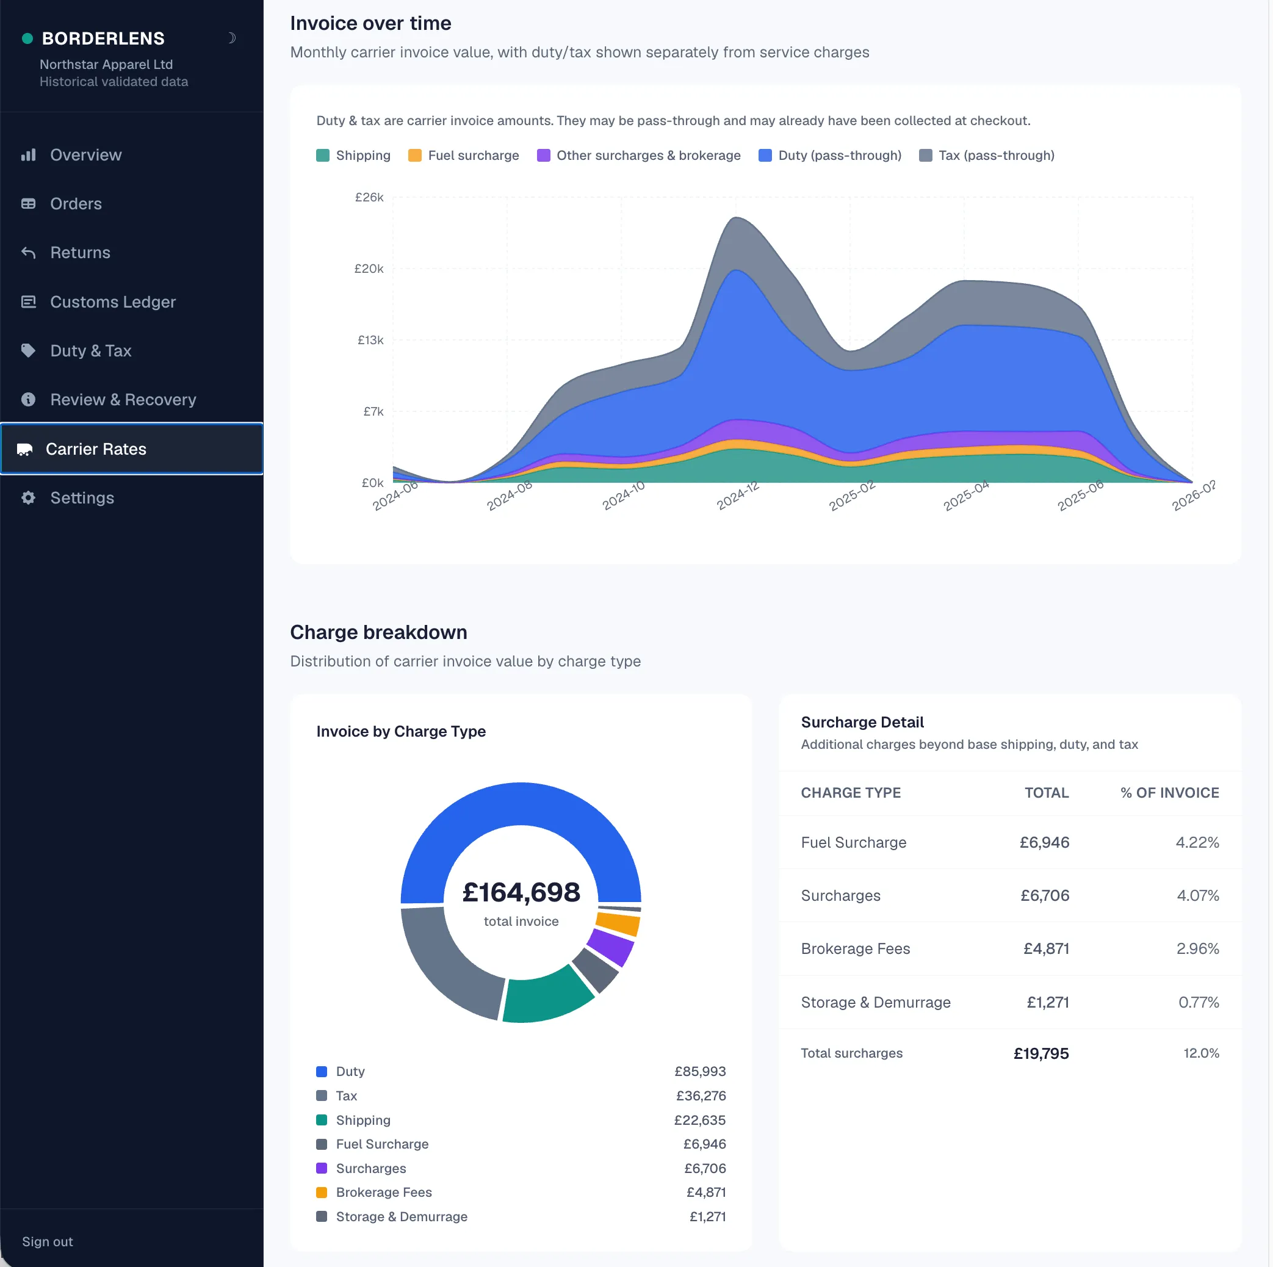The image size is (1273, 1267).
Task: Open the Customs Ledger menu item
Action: tap(113, 301)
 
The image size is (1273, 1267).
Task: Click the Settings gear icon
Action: tap(28, 497)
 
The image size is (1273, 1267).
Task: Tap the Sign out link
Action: tap(48, 1241)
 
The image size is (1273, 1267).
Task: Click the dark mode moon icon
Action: tap(231, 38)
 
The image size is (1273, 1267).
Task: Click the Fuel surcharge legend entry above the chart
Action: tap(464, 156)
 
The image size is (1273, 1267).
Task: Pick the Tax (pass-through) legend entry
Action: tap(987, 156)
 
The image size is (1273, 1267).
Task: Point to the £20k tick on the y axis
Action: tap(369, 268)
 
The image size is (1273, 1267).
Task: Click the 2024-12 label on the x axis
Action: tap(738, 496)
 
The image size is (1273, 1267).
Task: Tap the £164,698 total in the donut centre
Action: tap(521, 892)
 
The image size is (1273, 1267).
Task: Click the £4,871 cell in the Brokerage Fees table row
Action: tap(1047, 949)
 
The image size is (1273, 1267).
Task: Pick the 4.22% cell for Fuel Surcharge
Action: tap(1197, 842)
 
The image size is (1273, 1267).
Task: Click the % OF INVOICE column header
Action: tap(1169, 793)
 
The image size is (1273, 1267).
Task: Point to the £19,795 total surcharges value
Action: tap(1041, 1053)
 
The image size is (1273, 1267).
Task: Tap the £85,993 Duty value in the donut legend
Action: tap(700, 1071)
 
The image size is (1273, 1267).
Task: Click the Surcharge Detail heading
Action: tap(862, 722)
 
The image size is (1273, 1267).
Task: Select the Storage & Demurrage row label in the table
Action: tap(876, 1002)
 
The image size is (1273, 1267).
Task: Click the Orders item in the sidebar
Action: tap(76, 204)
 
